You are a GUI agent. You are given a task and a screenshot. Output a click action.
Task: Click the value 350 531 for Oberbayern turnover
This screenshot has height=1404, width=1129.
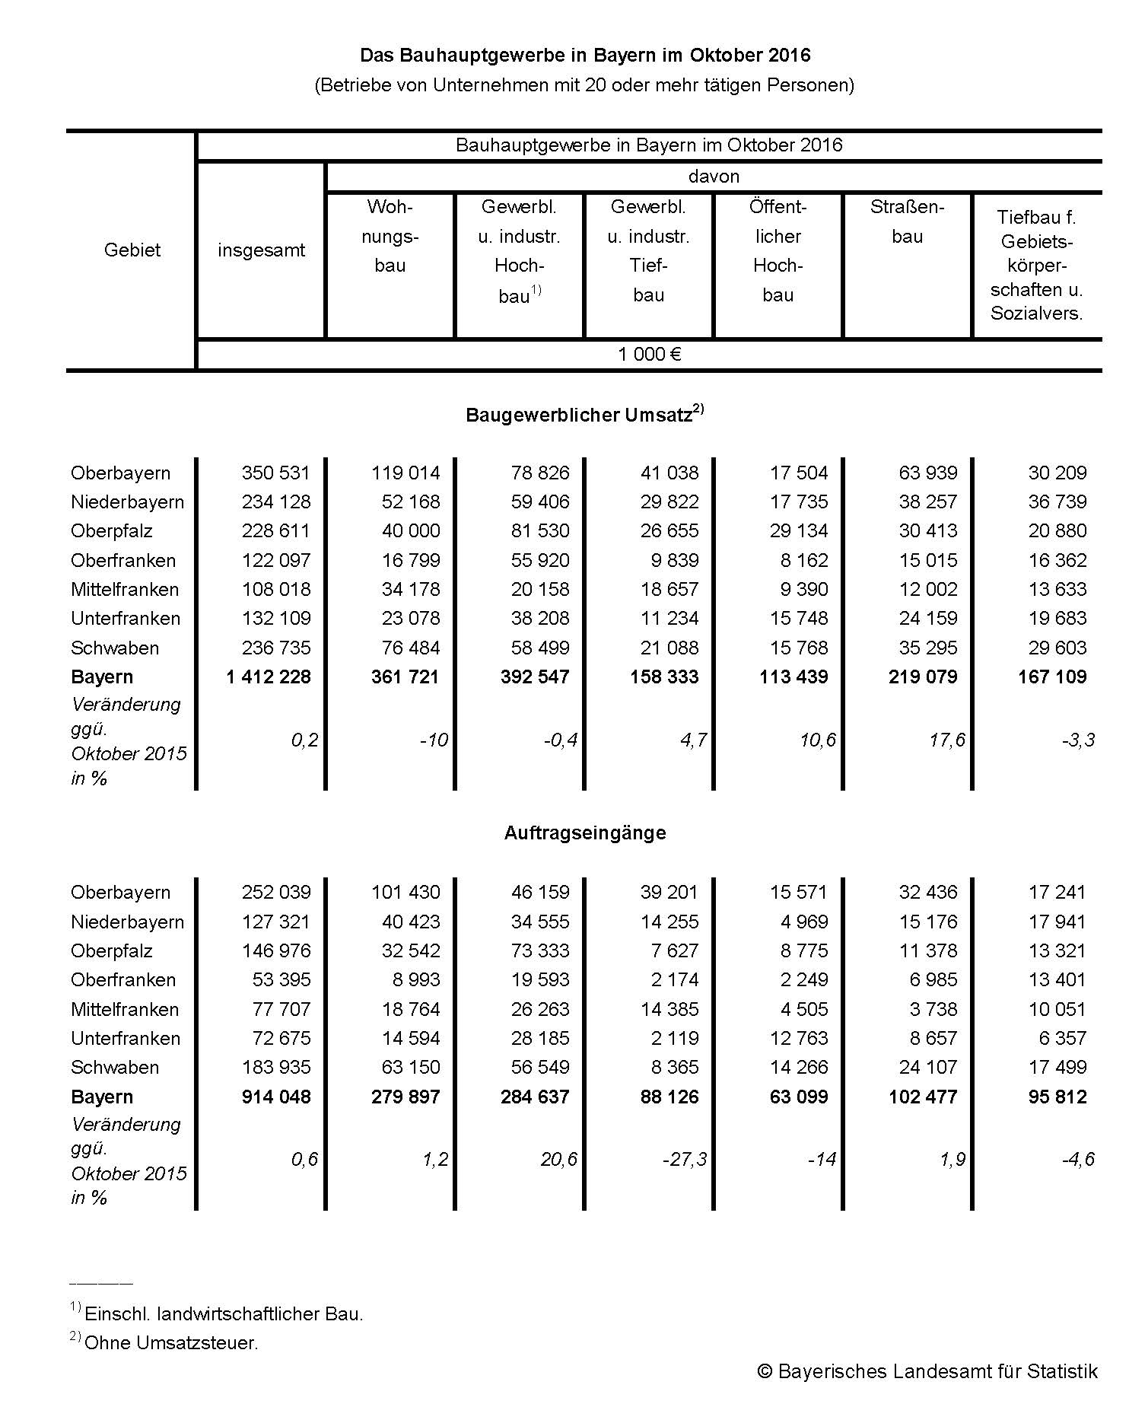[x=275, y=473]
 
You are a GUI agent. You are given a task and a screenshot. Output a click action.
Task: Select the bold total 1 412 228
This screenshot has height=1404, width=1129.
[x=269, y=677]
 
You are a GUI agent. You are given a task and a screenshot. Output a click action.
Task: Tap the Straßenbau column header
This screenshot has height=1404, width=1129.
[x=907, y=221]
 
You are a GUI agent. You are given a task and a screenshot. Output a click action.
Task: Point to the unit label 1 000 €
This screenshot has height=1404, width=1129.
[x=649, y=355]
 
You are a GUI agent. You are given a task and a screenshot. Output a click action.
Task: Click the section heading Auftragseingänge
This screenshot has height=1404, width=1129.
[x=584, y=833]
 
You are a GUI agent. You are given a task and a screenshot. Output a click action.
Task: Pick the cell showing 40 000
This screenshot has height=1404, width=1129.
[x=411, y=531]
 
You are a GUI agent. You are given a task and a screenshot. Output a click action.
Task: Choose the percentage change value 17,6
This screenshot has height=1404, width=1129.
[x=946, y=740]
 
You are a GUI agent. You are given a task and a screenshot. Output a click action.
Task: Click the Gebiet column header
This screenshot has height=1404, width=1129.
[x=132, y=250]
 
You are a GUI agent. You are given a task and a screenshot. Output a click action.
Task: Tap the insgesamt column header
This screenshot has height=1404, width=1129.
[x=261, y=250]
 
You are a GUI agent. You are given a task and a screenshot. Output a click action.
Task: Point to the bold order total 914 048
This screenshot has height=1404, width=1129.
[x=275, y=1097]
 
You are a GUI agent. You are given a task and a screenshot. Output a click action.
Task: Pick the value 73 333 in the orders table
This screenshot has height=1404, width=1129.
[x=540, y=950]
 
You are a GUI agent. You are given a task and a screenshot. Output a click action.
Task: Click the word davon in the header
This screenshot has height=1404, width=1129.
[x=714, y=177]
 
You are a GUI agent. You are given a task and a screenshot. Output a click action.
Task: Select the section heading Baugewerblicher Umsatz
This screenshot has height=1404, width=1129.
[x=579, y=415]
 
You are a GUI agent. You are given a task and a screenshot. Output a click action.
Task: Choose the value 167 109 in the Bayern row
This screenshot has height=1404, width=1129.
[x=1052, y=677]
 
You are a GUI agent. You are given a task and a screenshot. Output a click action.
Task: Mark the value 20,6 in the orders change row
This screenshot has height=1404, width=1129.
[x=559, y=1159]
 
